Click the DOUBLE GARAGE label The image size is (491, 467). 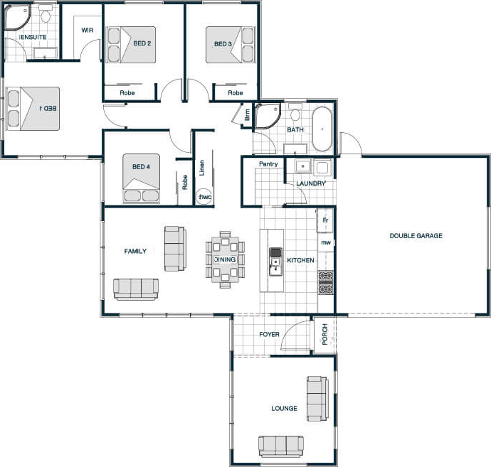pos(416,236)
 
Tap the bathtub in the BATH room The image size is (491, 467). pos(322,129)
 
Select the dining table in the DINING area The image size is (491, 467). pos(225,259)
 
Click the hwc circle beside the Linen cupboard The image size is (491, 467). pos(204,197)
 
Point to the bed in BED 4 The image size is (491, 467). pos(141,178)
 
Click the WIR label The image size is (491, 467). pos(88,31)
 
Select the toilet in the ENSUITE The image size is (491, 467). pos(46,15)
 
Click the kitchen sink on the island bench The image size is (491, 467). pos(275,262)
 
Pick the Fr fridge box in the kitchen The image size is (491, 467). pos(325,220)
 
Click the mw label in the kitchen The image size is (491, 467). pos(326,242)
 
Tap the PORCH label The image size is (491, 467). pos(324,334)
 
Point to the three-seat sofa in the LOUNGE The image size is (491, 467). pos(281,446)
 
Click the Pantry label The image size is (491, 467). pos(268,164)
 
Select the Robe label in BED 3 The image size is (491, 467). pos(235,93)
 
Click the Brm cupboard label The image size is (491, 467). pos(248,114)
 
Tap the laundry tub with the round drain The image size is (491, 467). pos(302,166)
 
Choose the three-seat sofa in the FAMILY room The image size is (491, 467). pos(136,289)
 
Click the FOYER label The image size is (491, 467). pos(269,334)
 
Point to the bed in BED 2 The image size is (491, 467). pos(132,45)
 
